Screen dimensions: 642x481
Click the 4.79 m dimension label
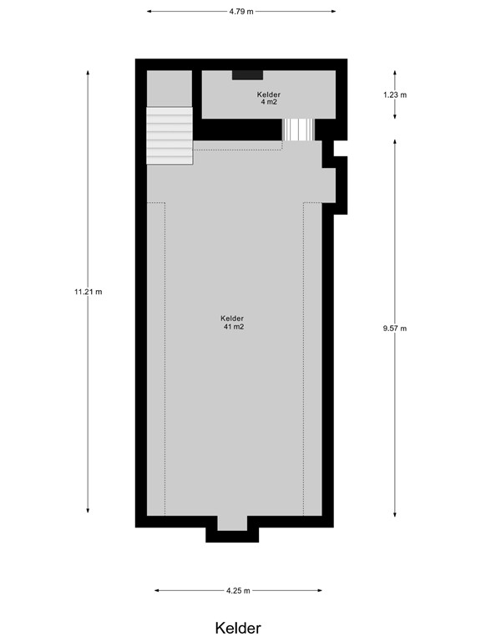240,12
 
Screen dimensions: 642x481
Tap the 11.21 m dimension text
88,292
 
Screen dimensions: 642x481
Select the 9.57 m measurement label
394,328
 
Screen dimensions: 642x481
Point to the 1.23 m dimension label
395,94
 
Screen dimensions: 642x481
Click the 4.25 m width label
239,591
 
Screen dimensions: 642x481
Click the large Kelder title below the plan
238,628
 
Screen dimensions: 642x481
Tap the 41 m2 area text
233,327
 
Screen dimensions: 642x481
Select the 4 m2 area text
269,103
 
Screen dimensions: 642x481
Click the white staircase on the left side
170,135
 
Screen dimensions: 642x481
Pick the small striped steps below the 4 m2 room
298,130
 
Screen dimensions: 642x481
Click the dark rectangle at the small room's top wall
247,75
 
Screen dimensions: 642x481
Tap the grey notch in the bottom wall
233,523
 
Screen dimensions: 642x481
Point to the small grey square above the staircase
170,88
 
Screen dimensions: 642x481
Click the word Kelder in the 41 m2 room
232,318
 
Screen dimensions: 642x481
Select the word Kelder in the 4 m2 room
269,95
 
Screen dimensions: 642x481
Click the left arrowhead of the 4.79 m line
149,12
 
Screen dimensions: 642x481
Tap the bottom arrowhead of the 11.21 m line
88,512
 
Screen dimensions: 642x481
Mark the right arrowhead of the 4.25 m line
322,591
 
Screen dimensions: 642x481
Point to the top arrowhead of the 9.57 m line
394,140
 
